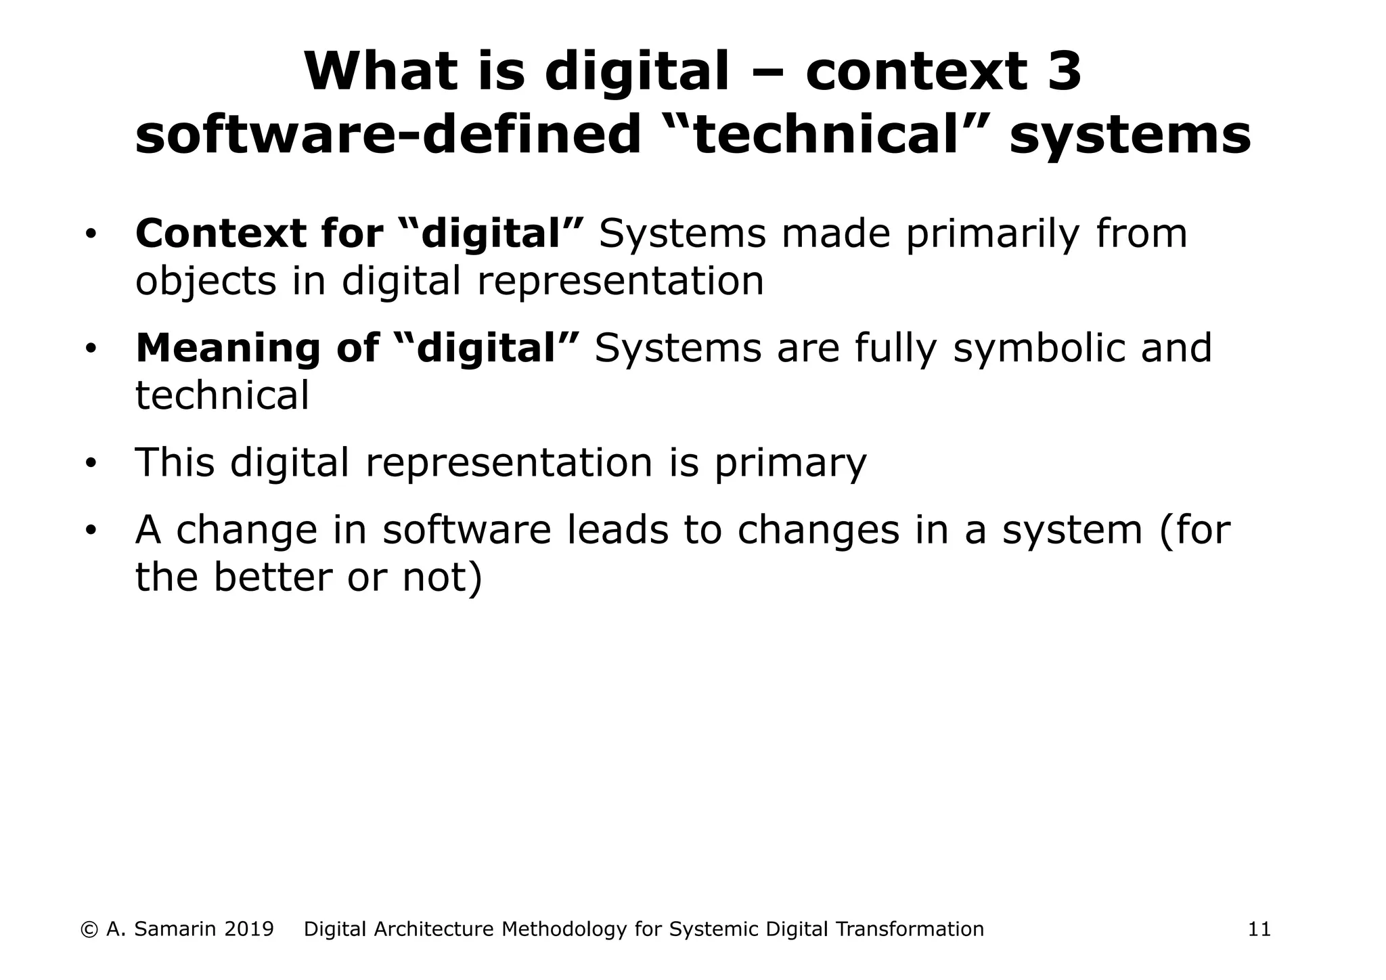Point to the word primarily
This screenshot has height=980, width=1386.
click(992, 235)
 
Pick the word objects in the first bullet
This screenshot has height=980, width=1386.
click(206, 282)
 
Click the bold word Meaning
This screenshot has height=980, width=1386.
click(227, 349)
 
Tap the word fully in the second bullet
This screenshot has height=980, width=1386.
click(895, 349)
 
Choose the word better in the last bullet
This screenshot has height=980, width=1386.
click(272, 577)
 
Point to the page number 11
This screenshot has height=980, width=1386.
click(1259, 929)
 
